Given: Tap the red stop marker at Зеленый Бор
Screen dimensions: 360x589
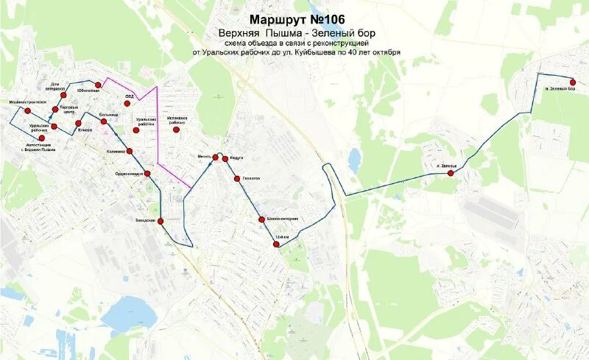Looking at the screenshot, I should (573, 82).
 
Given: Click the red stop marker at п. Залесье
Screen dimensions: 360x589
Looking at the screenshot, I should (450, 173).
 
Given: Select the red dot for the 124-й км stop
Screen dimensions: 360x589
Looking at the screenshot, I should (277, 244).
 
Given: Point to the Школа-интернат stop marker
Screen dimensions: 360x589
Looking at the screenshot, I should (261, 219).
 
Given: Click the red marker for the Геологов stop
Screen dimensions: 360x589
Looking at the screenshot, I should (237, 179).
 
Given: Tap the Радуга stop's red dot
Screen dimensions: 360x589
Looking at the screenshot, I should (225, 158).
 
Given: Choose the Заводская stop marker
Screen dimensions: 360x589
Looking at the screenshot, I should (160, 220).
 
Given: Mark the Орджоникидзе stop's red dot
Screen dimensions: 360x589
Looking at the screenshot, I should (147, 174).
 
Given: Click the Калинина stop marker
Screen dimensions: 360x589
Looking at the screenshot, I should (130, 151).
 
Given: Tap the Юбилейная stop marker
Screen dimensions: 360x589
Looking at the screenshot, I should (98, 85).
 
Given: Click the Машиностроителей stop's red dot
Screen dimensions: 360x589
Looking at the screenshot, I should (28, 110).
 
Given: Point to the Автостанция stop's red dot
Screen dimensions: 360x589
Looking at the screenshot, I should (42, 138).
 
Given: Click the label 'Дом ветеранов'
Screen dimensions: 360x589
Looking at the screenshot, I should (55, 86).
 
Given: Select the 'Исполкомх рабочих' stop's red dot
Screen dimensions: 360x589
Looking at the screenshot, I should (177, 130).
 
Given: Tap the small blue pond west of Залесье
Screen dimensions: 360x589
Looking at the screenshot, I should (355, 160).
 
